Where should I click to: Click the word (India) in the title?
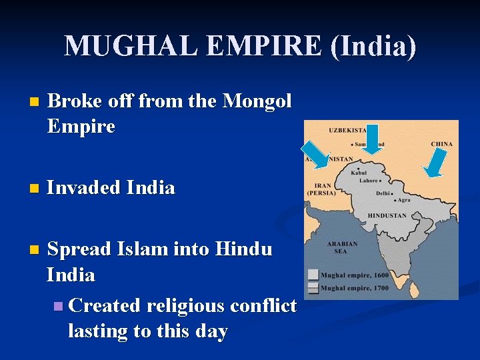point(374,46)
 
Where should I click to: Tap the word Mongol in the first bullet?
point(257,101)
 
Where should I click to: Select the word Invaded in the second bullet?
point(83,188)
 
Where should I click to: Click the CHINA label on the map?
point(441,144)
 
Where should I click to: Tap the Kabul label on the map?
point(359,173)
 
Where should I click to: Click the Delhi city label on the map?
point(383,193)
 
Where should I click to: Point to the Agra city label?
point(405,199)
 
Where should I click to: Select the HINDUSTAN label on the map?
point(387,216)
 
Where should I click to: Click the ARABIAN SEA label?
point(342,247)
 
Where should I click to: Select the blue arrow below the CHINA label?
point(435,163)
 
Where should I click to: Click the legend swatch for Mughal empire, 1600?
point(313,275)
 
